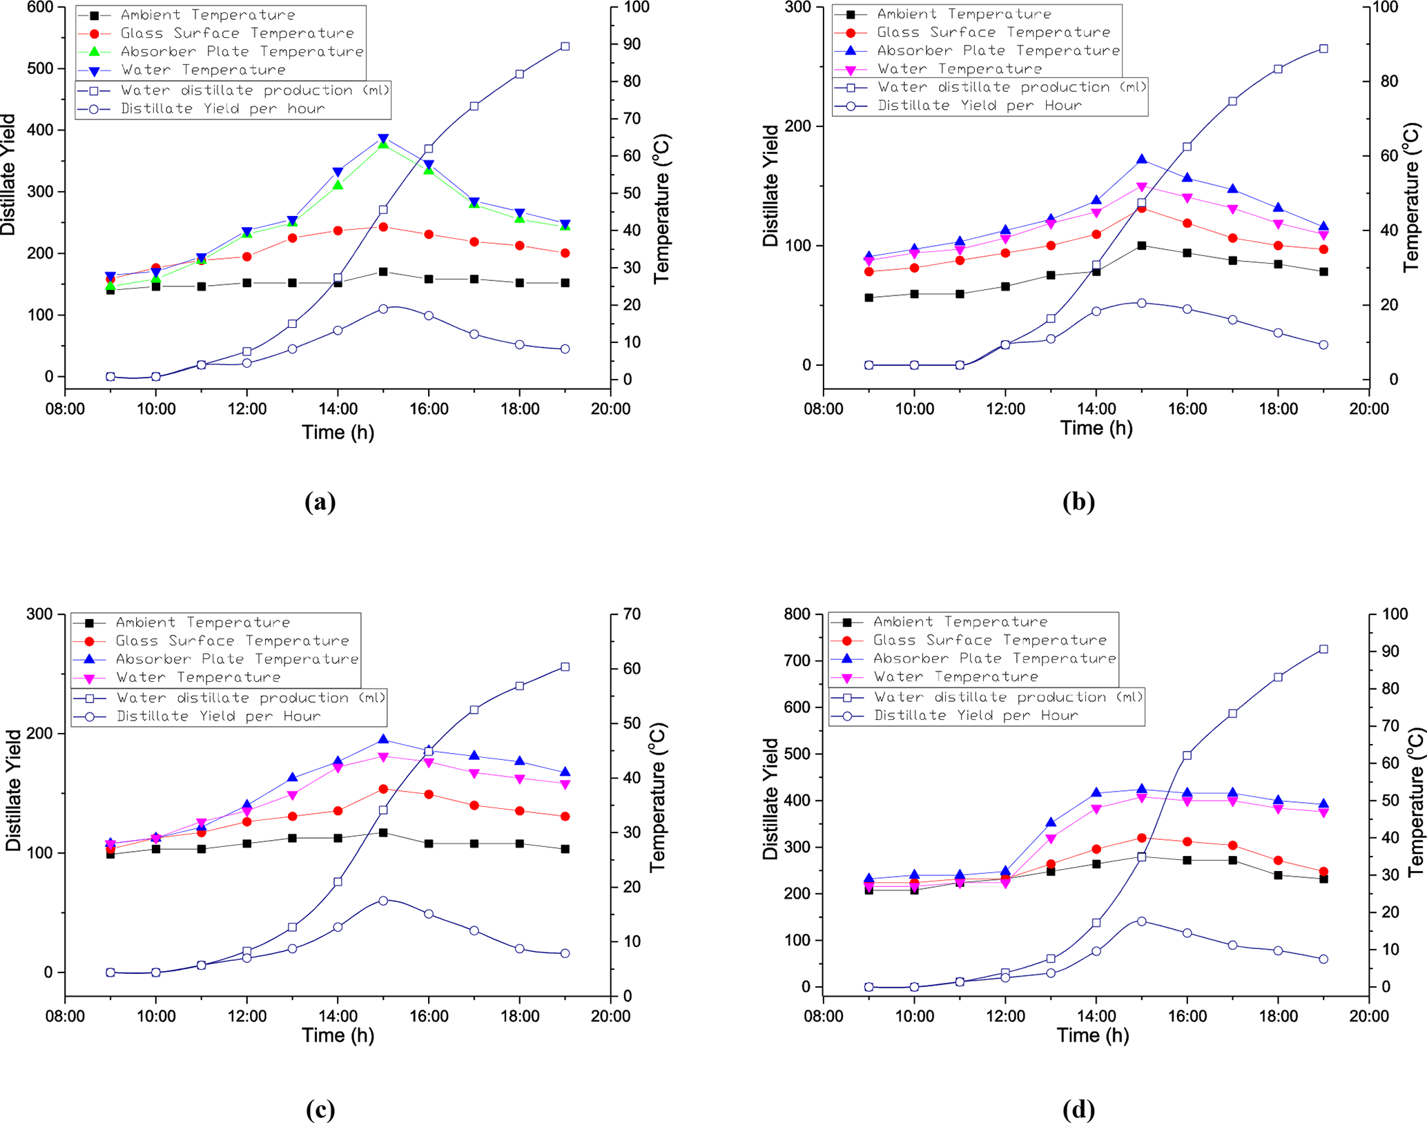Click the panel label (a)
coord(320,502)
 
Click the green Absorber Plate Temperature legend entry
coord(242,52)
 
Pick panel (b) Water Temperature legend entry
coord(959,69)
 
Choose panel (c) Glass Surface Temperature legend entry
coord(232,641)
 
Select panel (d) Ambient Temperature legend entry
coord(960,622)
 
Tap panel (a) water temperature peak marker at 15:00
coord(383,139)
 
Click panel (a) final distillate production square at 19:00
coord(565,46)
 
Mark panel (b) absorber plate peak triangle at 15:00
coord(1142,159)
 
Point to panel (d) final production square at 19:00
coord(1323,650)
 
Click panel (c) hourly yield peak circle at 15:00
coord(383,901)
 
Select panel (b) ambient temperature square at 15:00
coord(1142,246)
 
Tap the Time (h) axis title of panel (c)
coord(338,1035)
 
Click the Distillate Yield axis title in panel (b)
coord(770,186)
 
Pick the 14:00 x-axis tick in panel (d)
coord(1096,1016)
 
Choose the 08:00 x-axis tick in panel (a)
coord(65,409)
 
